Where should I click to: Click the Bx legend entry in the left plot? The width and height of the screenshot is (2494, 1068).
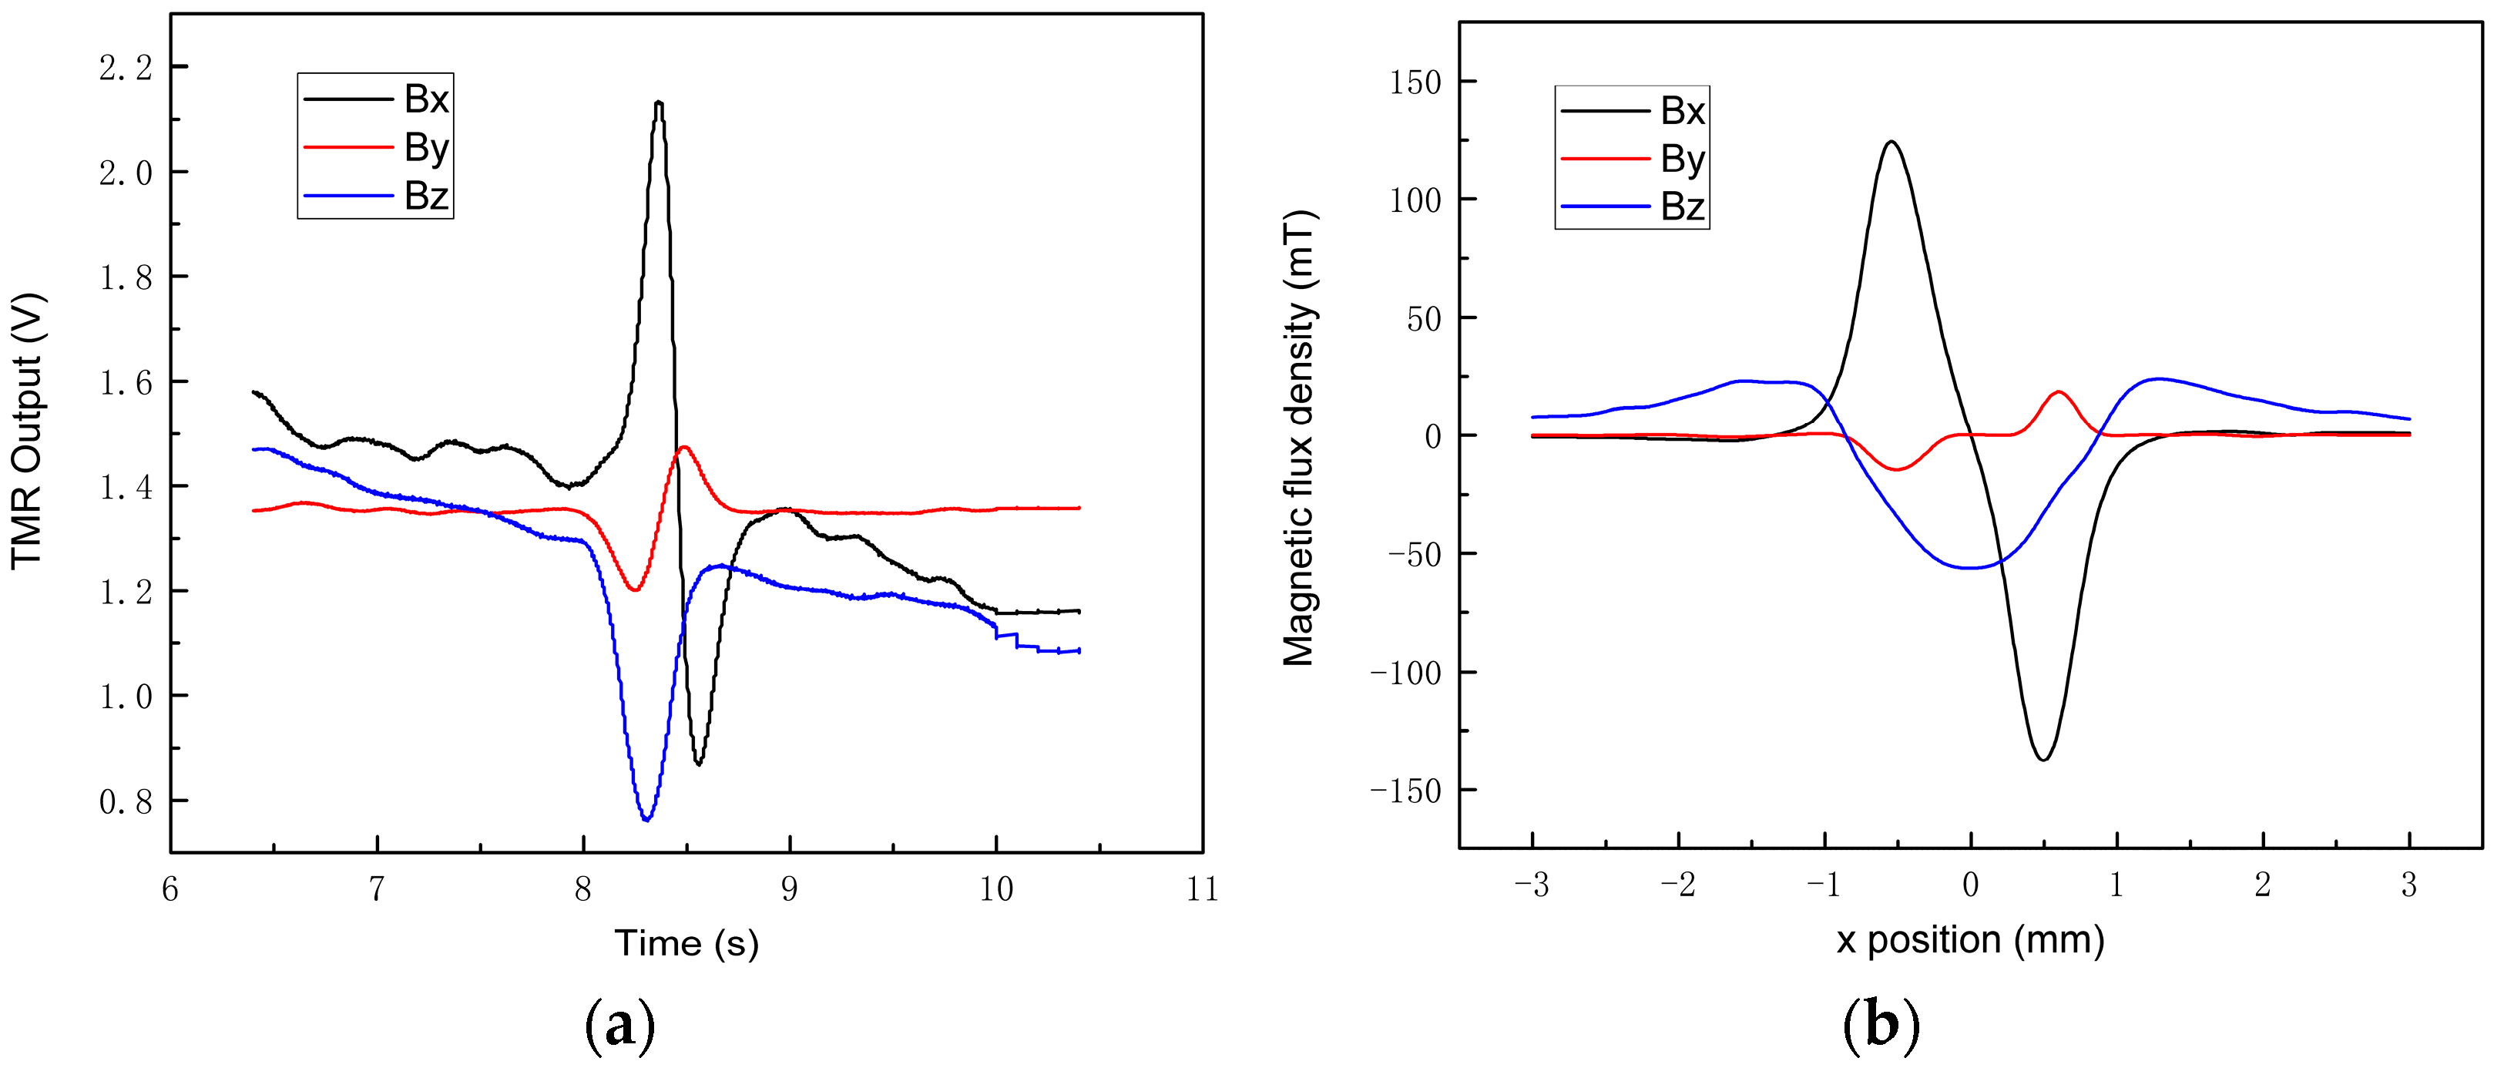pos(425,99)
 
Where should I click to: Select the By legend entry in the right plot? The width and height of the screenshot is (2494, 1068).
pos(1682,159)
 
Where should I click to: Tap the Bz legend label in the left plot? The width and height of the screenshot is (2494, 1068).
pos(425,196)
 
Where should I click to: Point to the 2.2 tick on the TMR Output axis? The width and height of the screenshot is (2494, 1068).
pos(126,68)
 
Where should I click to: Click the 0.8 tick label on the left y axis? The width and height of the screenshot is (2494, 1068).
pos(126,801)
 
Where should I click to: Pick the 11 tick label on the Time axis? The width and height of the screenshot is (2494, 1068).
pos(1203,889)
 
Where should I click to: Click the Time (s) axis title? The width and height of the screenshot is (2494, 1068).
pos(686,942)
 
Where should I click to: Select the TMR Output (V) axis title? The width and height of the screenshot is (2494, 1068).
pos(27,431)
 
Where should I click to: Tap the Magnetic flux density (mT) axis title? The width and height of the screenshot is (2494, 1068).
pos(1299,438)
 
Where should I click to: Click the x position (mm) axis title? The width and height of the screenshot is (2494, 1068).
pos(1970,939)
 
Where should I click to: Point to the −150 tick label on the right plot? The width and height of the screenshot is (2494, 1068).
pos(1406,791)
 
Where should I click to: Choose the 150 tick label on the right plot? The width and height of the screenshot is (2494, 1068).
pos(1415,82)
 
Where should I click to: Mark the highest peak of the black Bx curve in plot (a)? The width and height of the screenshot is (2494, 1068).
pos(658,102)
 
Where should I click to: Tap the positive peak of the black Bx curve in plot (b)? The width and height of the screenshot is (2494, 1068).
pos(1890,143)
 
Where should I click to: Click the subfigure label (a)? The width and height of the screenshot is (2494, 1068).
pos(619,1026)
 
